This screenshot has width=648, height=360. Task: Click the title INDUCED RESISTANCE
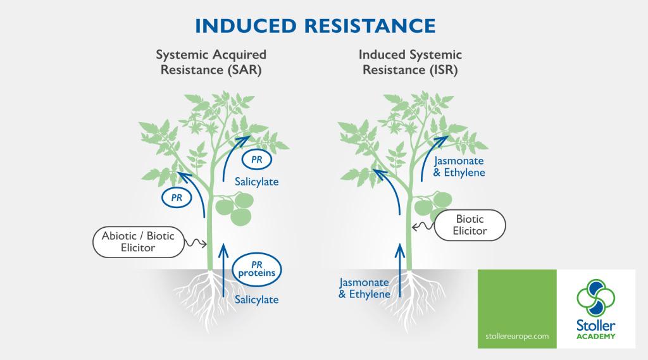[x=315, y=25]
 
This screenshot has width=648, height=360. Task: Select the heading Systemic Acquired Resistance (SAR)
[x=211, y=62]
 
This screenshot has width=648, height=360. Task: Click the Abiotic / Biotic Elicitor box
[x=138, y=241]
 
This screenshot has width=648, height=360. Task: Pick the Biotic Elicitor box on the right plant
[x=470, y=225]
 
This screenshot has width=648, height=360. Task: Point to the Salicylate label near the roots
[x=256, y=299]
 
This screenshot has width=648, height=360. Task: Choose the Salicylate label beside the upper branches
[x=256, y=182]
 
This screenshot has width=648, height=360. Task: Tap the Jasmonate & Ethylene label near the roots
[x=364, y=288]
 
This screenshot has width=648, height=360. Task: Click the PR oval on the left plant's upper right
[x=257, y=159]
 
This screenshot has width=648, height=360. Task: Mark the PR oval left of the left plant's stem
[x=177, y=198]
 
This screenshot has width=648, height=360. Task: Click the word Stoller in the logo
[x=596, y=325]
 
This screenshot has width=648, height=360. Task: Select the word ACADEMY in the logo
[x=596, y=337]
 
